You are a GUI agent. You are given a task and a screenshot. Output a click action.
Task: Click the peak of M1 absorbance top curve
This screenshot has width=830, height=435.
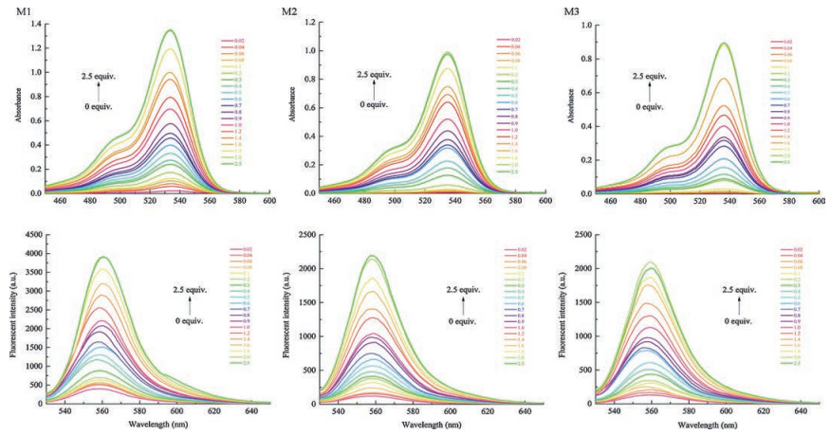(171, 29)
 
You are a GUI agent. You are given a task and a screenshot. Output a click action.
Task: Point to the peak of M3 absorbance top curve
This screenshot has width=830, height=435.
(724, 43)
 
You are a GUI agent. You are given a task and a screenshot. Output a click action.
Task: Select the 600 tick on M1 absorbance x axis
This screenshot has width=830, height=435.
(269, 201)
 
